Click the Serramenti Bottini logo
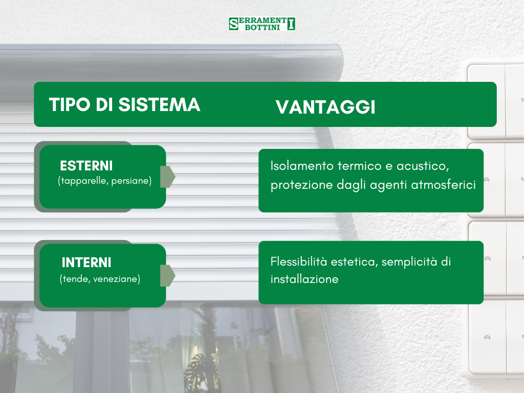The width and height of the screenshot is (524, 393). coord(262,24)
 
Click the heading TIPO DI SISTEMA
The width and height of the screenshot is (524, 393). coord(124,104)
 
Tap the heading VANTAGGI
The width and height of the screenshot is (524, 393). coord(325,107)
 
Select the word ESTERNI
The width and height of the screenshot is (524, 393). coord(86,166)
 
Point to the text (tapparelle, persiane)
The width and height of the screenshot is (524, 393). coord(105,181)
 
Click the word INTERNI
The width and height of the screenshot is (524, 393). coord(86,263)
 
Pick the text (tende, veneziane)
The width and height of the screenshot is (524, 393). coord(100,279)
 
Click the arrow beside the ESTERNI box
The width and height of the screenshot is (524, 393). coord(167,177)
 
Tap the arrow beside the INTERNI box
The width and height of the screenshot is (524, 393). coord(167,275)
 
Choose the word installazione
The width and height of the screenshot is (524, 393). coord(304,279)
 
